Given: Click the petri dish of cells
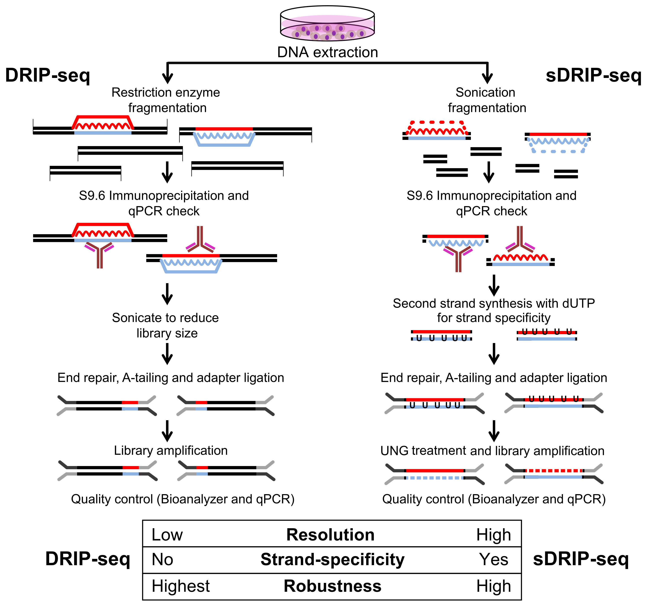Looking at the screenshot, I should (x=327, y=23).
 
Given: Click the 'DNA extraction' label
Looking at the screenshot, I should (x=327, y=52).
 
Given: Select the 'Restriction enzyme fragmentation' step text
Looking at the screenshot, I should (x=166, y=100).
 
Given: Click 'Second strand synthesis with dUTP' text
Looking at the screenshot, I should (x=493, y=303).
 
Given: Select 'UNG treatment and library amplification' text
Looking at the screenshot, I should (x=492, y=451).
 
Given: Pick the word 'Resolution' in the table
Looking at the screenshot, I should (x=330, y=535).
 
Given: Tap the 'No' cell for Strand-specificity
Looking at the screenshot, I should (x=162, y=560).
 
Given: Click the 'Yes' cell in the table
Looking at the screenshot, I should (x=493, y=560).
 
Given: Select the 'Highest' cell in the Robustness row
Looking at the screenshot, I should (x=181, y=586).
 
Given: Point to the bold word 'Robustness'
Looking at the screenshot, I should (x=332, y=586).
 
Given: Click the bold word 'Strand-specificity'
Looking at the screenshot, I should (x=332, y=560).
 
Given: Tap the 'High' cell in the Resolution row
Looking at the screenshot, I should (x=493, y=535).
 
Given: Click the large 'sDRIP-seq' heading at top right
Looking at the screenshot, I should (x=593, y=75).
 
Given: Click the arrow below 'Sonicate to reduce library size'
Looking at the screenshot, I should (x=167, y=354).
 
